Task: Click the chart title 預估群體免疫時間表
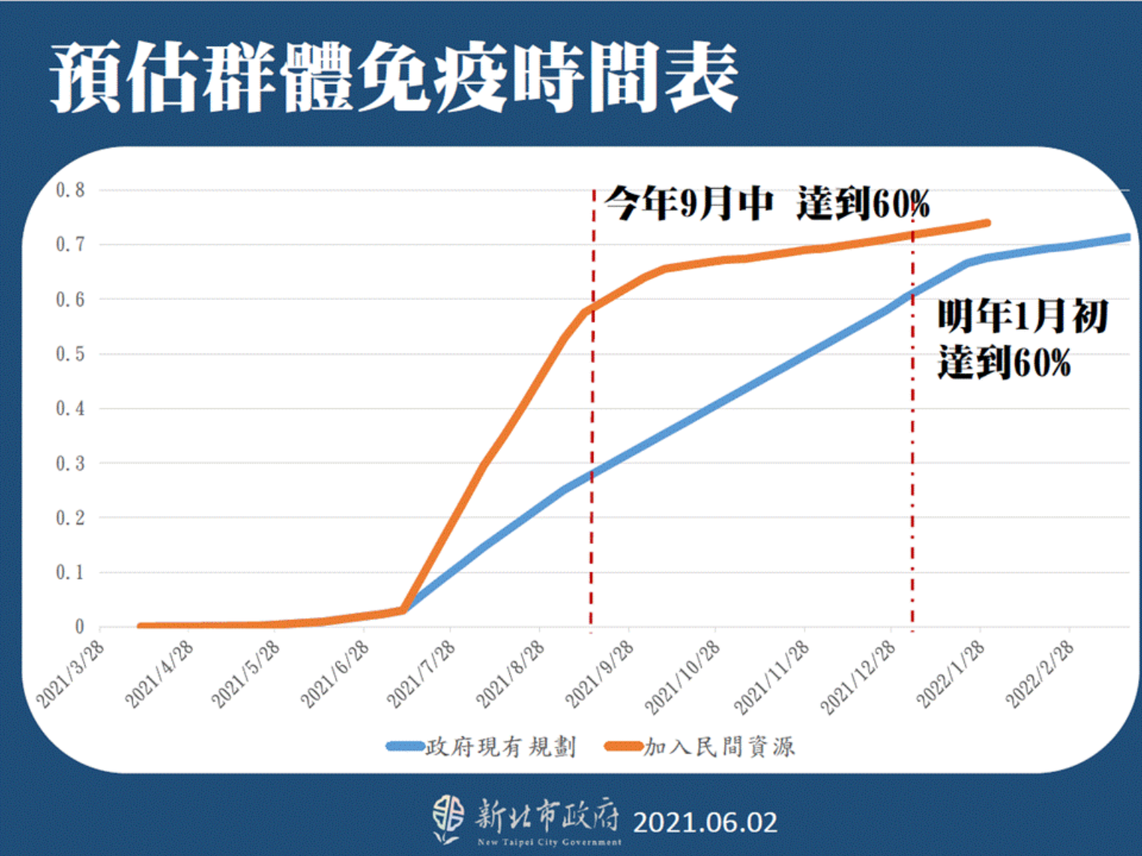click(394, 78)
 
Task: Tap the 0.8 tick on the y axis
click(71, 190)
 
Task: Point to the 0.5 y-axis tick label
click(71, 354)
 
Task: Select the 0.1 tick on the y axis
click(71, 572)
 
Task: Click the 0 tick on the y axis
click(79, 627)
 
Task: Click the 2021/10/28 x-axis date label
click(683, 676)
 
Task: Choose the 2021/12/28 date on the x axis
click(858, 676)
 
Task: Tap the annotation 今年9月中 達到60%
click(766, 203)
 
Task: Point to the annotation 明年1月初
click(1022, 316)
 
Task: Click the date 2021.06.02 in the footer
click(705, 823)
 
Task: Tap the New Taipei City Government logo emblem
click(448, 819)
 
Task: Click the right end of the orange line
click(987, 223)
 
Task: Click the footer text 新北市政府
click(547, 815)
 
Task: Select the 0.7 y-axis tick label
click(71, 244)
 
